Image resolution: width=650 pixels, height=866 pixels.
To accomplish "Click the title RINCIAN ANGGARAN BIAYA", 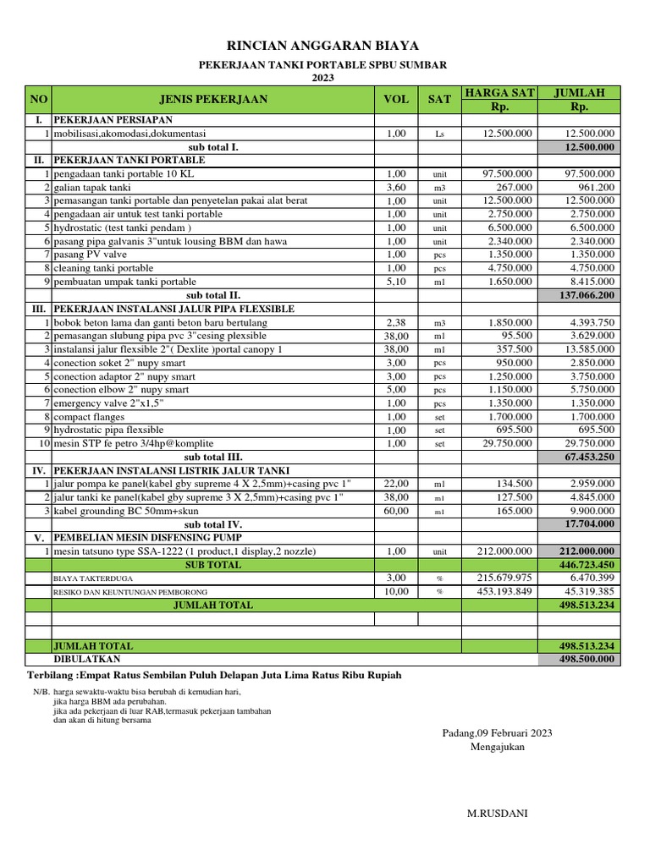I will pyautogui.click(x=322, y=46).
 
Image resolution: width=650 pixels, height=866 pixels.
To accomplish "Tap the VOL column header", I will pyautogui.click(x=395, y=99).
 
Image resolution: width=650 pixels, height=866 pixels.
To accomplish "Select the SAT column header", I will pyautogui.click(x=439, y=99).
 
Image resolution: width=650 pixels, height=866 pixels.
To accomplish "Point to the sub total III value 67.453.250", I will pyautogui.click(x=590, y=457).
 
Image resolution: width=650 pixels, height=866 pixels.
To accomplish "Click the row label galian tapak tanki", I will pyautogui.click(x=92, y=187).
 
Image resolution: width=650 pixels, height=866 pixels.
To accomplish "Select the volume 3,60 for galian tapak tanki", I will pyautogui.click(x=396, y=187).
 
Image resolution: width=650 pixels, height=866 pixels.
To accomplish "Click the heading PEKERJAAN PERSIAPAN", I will pyautogui.click(x=113, y=120).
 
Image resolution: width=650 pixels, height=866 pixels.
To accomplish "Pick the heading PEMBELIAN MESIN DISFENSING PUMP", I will pyautogui.click(x=148, y=538).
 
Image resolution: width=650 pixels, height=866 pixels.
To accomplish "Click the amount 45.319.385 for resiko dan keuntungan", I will pyautogui.click(x=589, y=591).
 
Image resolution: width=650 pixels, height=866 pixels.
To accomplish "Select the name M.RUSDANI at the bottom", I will pyautogui.click(x=498, y=813).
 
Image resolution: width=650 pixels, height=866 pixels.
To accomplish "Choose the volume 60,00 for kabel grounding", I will pyautogui.click(x=396, y=511).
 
